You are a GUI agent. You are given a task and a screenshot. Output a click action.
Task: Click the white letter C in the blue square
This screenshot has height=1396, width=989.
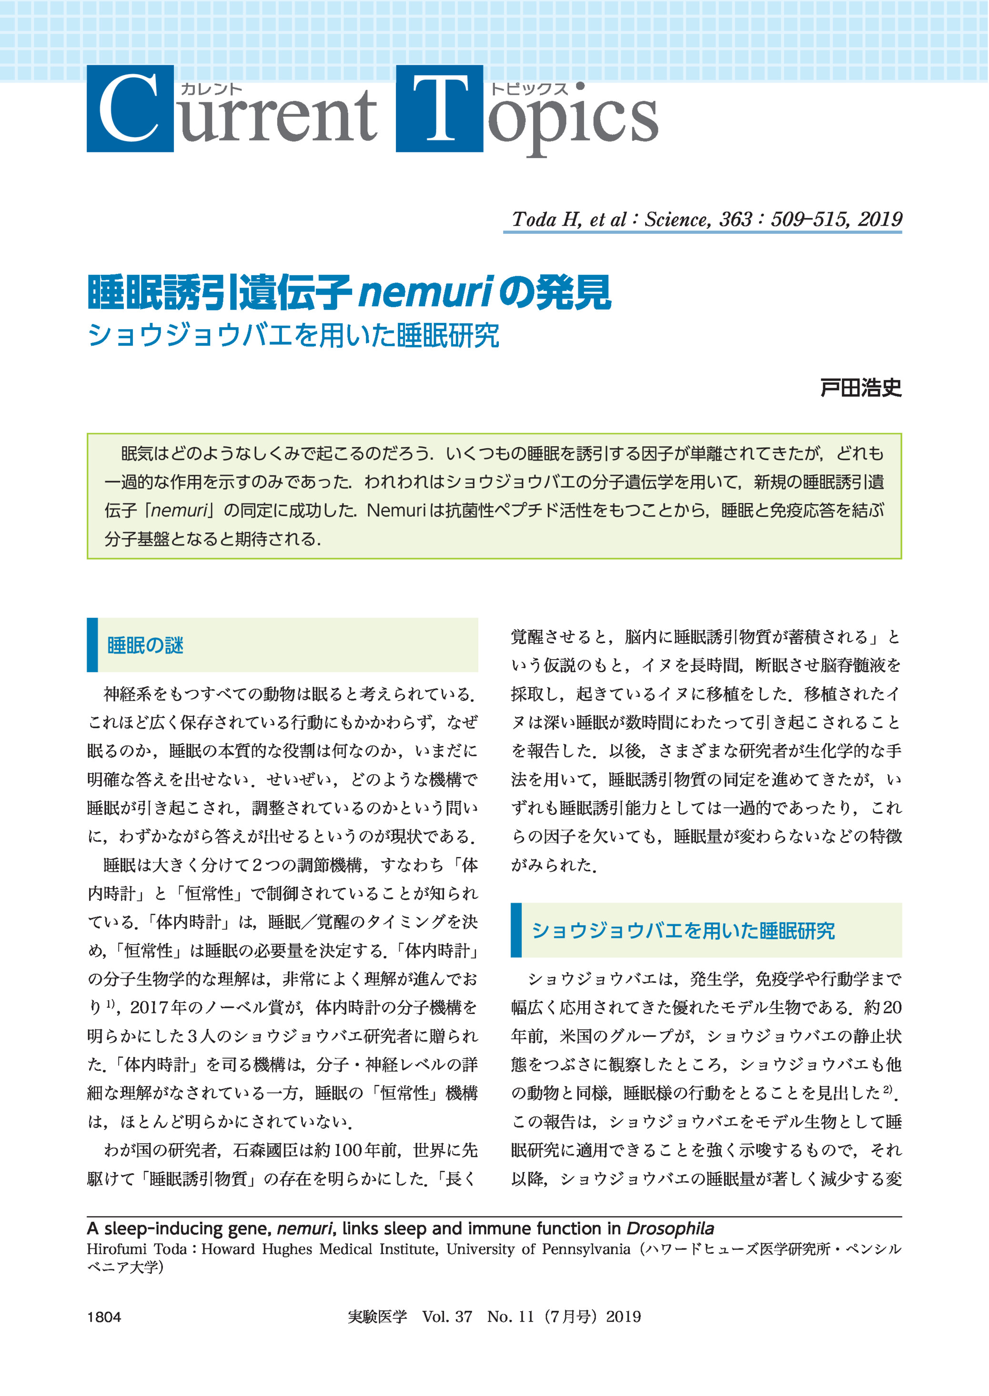tap(129, 110)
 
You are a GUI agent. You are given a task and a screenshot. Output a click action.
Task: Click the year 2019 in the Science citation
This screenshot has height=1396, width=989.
tap(879, 219)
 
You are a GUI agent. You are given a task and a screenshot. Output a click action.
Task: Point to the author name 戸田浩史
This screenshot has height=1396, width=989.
tap(860, 388)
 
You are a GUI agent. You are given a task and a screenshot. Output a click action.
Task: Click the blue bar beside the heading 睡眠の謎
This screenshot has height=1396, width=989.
tap(92, 645)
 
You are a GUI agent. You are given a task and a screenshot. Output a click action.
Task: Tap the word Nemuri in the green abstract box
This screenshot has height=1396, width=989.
tap(395, 510)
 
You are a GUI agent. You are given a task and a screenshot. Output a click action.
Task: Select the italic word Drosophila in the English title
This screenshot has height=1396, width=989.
tap(670, 1228)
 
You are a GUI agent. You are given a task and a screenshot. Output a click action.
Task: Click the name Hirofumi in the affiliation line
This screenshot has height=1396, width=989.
tap(116, 1249)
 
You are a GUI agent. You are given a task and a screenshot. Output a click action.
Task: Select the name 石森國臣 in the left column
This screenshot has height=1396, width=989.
tap(273, 1150)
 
